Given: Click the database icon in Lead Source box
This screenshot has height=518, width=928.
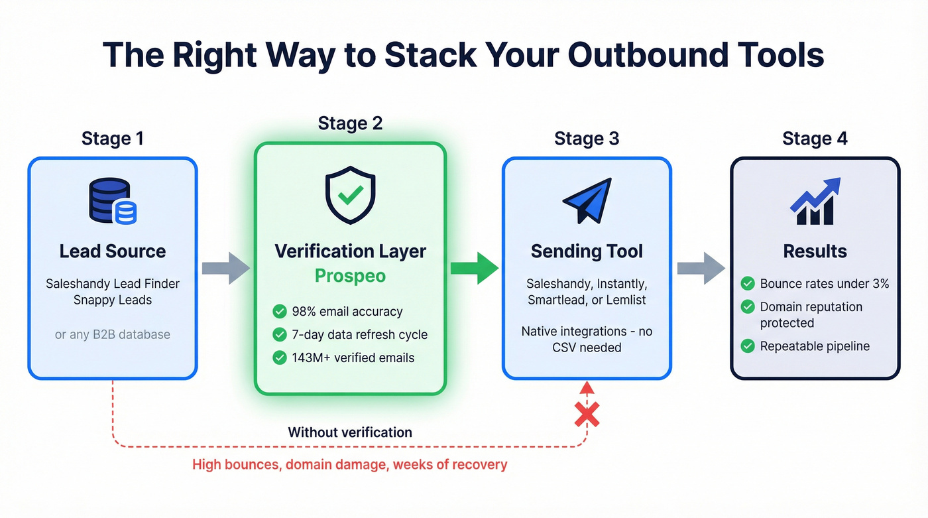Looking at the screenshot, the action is pyautogui.click(x=112, y=200).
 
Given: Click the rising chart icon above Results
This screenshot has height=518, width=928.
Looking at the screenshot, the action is pyautogui.click(x=815, y=201).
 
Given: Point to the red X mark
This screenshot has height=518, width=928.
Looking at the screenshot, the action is pyautogui.click(x=587, y=415).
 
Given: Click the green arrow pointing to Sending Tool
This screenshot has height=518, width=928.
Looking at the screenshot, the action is pyautogui.click(x=474, y=268).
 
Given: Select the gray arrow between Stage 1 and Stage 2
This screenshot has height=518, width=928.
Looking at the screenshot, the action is pyautogui.click(x=225, y=268).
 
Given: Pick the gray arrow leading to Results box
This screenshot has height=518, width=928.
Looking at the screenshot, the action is pyautogui.click(x=701, y=268).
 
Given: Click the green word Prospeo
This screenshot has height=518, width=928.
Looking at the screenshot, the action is pyautogui.click(x=350, y=276).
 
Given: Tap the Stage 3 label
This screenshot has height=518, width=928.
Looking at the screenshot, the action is pyautogui.click(x=587, y=139).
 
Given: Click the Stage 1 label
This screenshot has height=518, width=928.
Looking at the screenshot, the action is pyautogui.click(x=112, y=139).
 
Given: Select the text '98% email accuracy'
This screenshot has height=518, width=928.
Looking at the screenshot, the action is pyautogui.click(x=347, y=311).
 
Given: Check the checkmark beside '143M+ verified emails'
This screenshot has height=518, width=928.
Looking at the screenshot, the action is pyautogui.click(x=280, y=357).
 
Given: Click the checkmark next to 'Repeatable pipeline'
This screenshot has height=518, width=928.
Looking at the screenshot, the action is pyautogui.click(x=748, y=346).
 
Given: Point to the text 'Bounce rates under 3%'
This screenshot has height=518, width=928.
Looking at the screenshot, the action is pyautogui.click(x=824, y=284).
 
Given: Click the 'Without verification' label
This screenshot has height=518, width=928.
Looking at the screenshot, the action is pyautogui.click(x=350, y=432).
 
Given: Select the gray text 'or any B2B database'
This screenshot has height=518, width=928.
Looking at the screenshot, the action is pyautogui.click(x=112, y=334).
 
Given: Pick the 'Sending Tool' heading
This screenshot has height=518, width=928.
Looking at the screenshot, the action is pyautogui.click(x=587, y=251).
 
